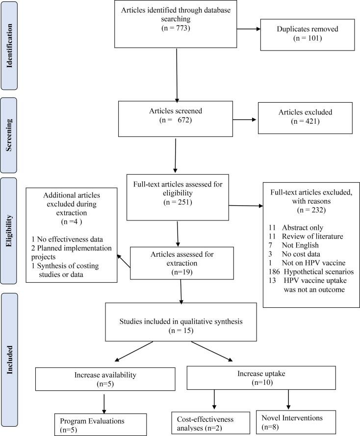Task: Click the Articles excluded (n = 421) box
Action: coord(305,118)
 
